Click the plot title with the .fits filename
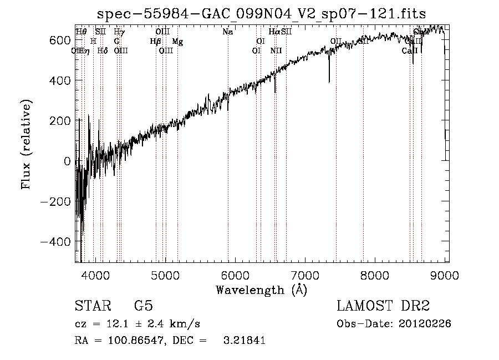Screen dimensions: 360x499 coord(261,14)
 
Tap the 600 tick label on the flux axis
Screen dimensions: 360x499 coord(59,40)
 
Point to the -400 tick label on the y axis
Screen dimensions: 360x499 coord(55,242)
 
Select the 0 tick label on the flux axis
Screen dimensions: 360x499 coord(68,161)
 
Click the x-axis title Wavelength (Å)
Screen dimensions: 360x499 coord(261,290)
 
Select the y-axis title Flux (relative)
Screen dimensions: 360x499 coord(27,144)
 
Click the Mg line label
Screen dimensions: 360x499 coord(177,42)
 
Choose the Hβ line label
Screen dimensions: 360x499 coord(156,42)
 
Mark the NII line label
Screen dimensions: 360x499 coord(276,51)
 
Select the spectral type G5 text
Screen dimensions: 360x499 coord(143,306)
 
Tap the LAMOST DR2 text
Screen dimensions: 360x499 coord(383,306)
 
